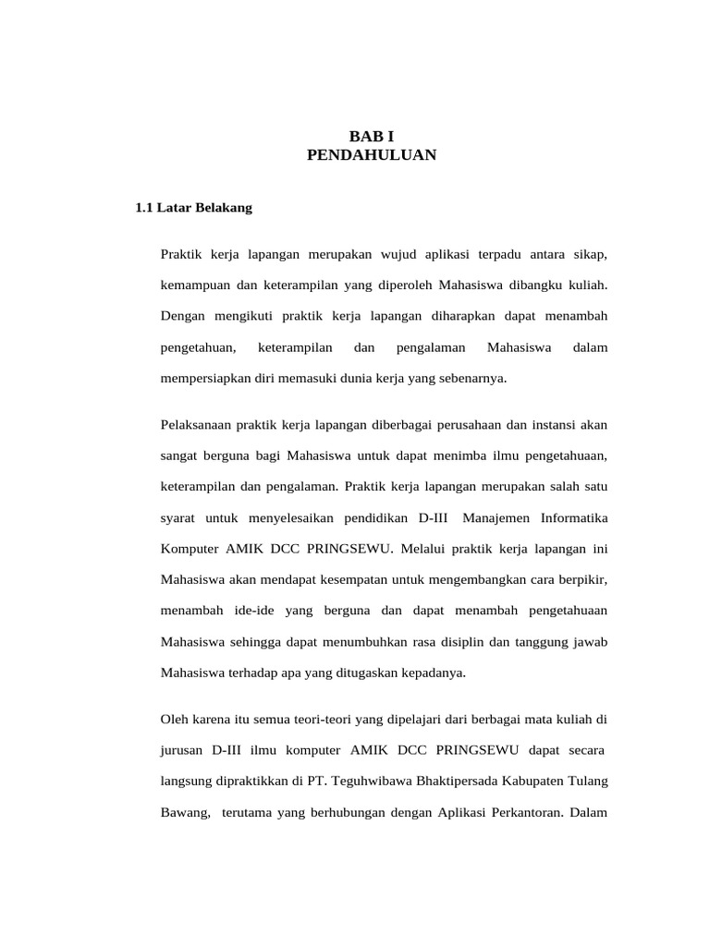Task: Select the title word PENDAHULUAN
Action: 371,156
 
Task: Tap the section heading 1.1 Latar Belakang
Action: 193,209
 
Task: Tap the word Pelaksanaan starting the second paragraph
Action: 196,425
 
